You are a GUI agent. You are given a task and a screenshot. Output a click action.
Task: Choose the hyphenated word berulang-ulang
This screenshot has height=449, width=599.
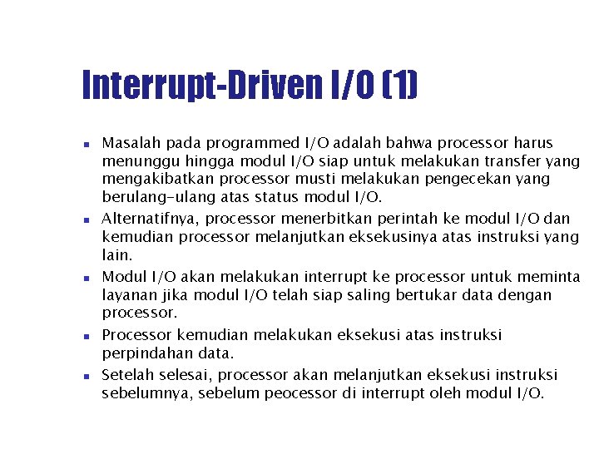click(158, 197)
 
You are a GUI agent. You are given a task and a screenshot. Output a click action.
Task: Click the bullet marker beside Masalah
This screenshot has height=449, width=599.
click(86, 144)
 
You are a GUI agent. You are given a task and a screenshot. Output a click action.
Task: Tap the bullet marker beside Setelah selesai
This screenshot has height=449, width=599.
click(86, 376)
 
